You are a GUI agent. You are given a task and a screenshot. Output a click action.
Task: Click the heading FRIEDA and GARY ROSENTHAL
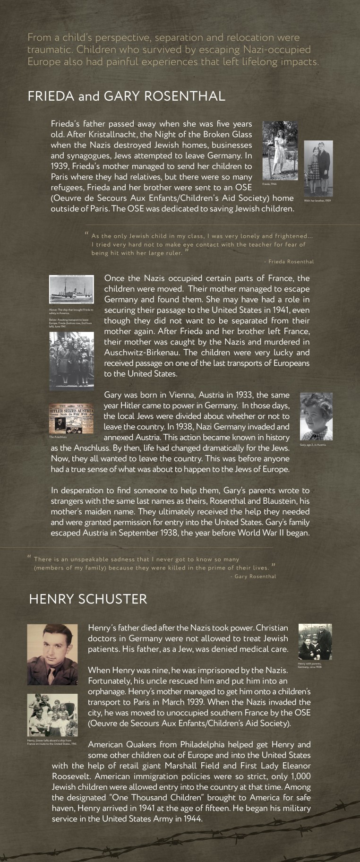click(x=126, y=96)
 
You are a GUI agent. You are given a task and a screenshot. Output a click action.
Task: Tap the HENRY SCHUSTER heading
click(x=88, y=599)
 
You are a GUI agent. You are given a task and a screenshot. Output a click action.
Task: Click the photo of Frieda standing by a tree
click(x=280, y=150)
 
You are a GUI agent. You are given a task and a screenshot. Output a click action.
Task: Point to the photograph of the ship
click(x=71, y=289)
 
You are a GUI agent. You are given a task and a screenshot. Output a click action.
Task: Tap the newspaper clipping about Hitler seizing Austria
click(x=71, y=418)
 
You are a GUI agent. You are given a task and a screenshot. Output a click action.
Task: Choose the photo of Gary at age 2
click(x=316, y=416)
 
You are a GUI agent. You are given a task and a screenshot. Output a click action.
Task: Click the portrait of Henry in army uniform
click(x=52, y=654)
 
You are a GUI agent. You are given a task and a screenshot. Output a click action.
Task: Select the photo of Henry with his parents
click(x=315, y=641)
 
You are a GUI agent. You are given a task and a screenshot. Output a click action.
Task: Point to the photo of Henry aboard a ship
click(x=52, y=715)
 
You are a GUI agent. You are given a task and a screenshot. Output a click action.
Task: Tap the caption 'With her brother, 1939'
click(x=317, y=200)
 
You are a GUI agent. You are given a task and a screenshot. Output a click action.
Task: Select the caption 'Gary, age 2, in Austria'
click(x=313, y=445)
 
